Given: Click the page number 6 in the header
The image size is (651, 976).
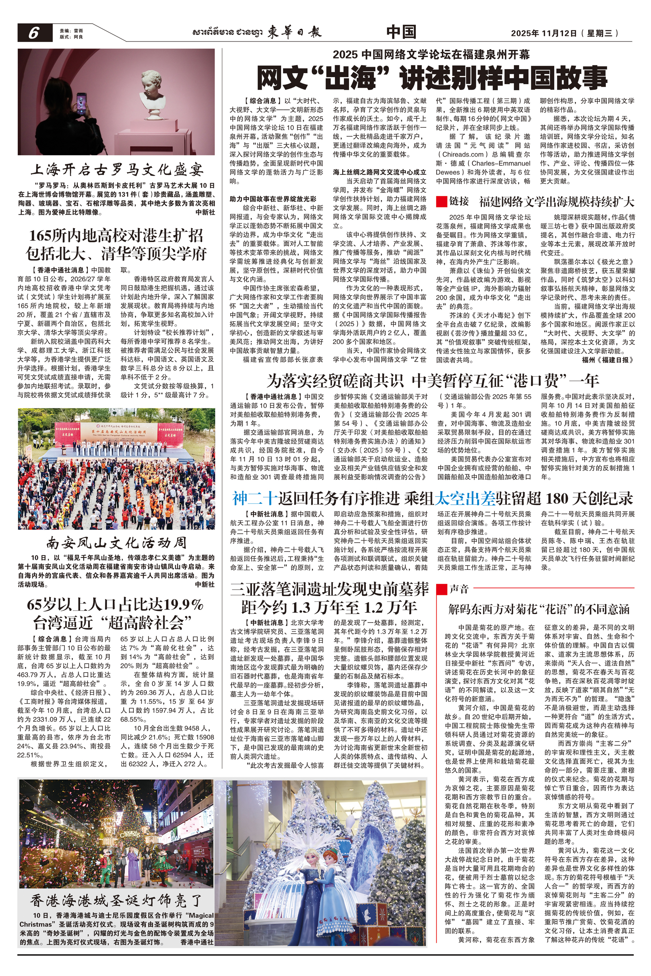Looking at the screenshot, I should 34,33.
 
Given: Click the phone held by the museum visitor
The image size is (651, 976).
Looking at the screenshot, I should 82,101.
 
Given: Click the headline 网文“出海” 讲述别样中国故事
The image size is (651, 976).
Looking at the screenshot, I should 432,77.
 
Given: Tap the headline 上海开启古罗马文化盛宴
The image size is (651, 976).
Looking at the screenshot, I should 117,170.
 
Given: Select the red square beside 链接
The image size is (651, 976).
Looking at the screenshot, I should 441,202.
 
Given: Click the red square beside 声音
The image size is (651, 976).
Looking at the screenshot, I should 441,588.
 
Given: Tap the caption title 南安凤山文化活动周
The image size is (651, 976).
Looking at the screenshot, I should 117,543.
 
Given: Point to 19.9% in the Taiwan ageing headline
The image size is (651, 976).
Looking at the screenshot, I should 183,605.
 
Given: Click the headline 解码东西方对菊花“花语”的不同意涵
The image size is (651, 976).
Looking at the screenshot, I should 539,609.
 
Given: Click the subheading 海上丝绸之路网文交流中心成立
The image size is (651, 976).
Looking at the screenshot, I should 380,172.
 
